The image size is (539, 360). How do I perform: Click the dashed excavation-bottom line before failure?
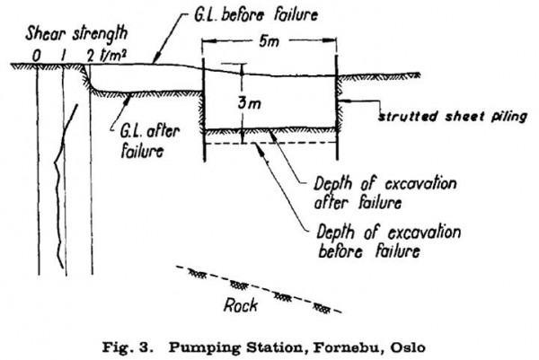(269, 143)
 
